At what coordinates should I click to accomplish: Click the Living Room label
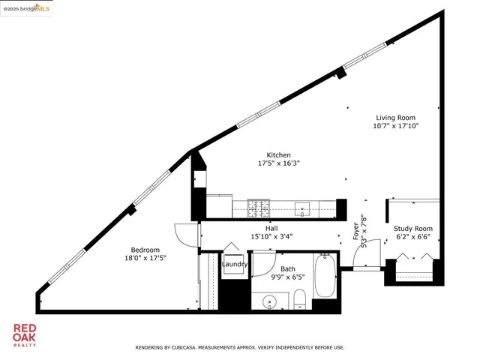pos(397,117)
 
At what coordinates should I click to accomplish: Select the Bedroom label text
pos(145,250)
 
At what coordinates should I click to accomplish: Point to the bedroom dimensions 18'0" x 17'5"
pos(145,258)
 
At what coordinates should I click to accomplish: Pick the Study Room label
pos(413,229)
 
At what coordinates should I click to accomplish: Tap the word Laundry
pos(235,264)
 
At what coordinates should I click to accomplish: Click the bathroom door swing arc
pos(262,262)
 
